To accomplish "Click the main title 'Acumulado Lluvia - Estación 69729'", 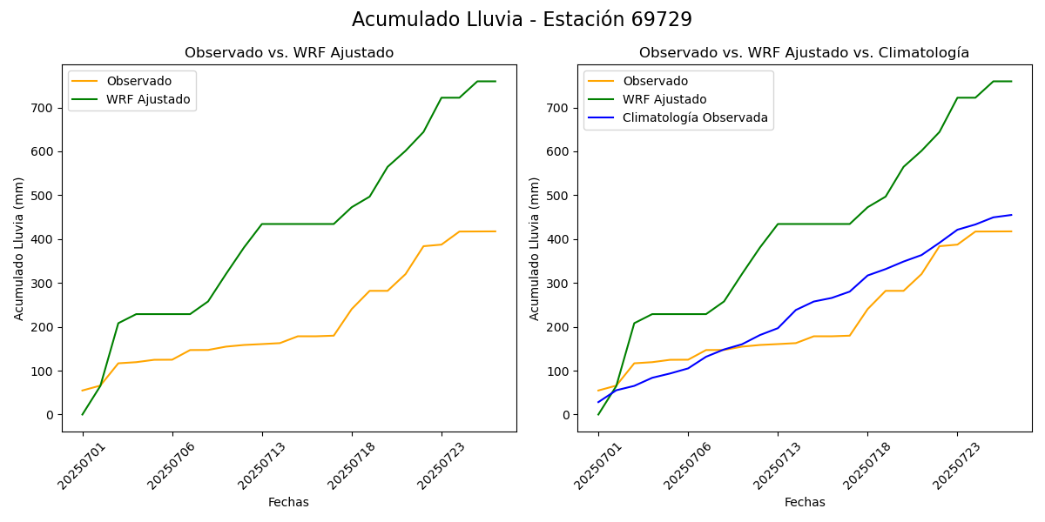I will pyautogui.click(x=522, y=20).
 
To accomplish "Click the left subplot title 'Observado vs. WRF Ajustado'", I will pyautogui.click(x=289, y=53).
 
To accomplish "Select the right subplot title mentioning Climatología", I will pyautogui.click(x=804, y=53).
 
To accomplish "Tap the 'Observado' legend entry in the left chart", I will pyautogui.click(x=138, y=81).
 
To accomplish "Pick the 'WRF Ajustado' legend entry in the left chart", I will pyautogui.click(x=148, y=99).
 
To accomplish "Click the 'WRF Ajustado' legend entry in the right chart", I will pyautogui.click(x=664, y=99).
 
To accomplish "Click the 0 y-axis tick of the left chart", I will pyautogui.click(x=52, y=415).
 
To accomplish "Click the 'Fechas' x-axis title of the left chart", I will pyautogui.click(x=288, y=502).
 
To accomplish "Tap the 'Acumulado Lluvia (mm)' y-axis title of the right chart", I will pyautogui.click(x=535, y=248).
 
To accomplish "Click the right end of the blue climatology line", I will pyautogui.click(x=1011, y=215).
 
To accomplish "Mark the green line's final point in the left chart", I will pyautogui.click(x=496, y=82).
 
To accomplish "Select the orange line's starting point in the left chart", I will pyautogui.click(x=83, y=391).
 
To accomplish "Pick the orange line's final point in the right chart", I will pyautogui.click(x=1011, y=231).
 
